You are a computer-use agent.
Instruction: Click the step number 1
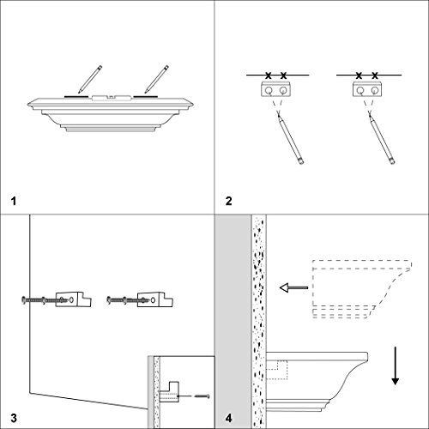14,201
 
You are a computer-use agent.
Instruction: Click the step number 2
228,201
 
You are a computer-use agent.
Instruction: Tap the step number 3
14,418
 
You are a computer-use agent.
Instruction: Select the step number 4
228,418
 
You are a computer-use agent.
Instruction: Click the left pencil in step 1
90,79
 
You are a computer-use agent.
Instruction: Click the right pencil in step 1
156,79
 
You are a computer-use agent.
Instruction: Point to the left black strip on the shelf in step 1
76,97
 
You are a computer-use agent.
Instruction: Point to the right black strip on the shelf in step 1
145,97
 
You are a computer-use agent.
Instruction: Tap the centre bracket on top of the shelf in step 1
112,98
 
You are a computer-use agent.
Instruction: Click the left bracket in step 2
275,89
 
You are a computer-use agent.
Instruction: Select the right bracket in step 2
367,89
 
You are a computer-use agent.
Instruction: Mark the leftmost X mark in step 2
268,76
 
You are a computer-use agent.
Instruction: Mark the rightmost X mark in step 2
375,76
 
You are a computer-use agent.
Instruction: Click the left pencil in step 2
290,138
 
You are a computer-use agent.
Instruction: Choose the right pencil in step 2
382,138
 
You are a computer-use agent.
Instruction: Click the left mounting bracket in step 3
73,299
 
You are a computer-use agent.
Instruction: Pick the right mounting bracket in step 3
154,299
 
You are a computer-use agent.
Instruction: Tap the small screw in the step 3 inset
202,396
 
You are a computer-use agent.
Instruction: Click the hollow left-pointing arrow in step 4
293,287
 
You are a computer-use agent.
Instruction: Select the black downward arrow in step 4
396,366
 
